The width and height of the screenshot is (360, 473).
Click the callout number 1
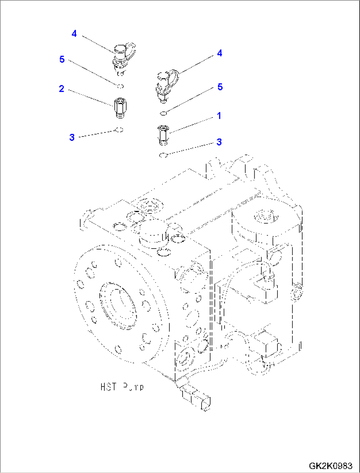pos(219,116)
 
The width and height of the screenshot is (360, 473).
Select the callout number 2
pos(61,89)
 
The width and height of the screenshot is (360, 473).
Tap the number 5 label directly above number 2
pos(62,59)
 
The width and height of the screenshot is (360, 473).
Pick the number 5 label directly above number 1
pos(220,87)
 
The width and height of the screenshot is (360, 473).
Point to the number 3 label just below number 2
pos(72,138)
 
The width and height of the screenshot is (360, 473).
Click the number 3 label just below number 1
pos(219,142)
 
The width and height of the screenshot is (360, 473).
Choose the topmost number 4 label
pos(74,34)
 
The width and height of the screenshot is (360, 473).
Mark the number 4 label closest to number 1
pos(220,53)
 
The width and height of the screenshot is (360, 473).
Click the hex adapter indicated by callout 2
pos(120,107)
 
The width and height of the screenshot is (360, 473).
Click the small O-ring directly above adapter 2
pos(120,86)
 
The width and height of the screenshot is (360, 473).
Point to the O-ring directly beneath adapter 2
pos(120,130)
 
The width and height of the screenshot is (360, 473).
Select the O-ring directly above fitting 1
pos(163,114)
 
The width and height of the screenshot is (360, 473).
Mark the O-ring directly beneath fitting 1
pos(163,155)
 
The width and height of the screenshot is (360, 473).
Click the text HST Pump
pos(122,387)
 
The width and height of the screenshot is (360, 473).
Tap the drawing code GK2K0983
pos(330,466)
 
